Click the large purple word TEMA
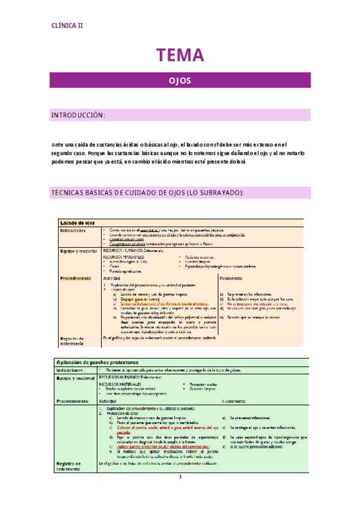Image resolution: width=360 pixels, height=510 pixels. pyautogui.click(x=180, y=56)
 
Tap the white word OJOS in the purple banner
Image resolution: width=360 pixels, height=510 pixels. pyautogui.click(x=180, y=79)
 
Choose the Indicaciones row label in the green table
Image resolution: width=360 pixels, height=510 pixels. pyautogui.click(x=73, y=370)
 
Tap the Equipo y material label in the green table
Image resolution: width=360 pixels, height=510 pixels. pyautogui.click(x=76, y=378)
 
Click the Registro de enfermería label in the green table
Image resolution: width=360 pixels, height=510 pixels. pyautogui.click(x=73, y=466)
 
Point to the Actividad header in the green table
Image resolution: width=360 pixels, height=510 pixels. pyautogui.click(x=109, y=401)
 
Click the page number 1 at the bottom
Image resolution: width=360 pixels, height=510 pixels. pyautogui.click(x=179, y=494)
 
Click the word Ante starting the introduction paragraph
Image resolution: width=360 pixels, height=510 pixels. pyautogui.click(x=57, y=144)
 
